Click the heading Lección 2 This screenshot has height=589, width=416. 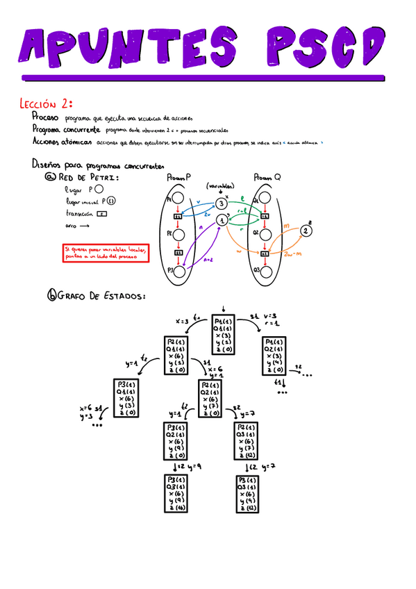tap(46, 104)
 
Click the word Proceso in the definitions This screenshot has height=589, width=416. tap(46, 118)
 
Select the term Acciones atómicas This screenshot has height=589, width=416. tap(62, 141)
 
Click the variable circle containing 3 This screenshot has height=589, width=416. tap(221, 203)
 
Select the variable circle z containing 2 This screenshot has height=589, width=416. tap(306, 231)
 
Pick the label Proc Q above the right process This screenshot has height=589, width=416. tap(267, 178)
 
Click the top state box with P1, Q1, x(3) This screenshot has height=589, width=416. tap(223, 336)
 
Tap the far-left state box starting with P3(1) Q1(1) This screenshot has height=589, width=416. tap(125, 397)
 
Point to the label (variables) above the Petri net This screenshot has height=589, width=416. tap(221, 185)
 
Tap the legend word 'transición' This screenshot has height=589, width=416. tap(78, 214)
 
